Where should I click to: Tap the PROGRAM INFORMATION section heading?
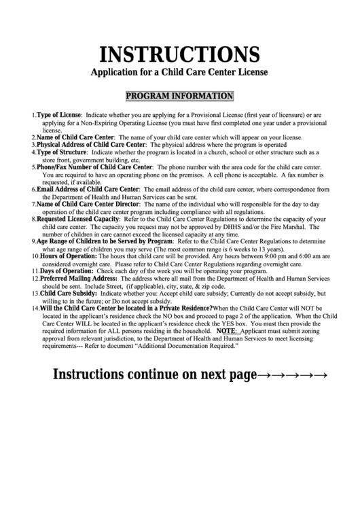tap(180, 96)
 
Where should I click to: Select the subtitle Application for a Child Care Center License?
tap(180, 71)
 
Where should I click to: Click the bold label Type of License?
tap(59, 116)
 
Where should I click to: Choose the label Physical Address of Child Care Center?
tap(91, 145)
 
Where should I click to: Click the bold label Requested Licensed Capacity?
tap(78, 219)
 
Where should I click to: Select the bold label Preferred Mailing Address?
tap(79, 278)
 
